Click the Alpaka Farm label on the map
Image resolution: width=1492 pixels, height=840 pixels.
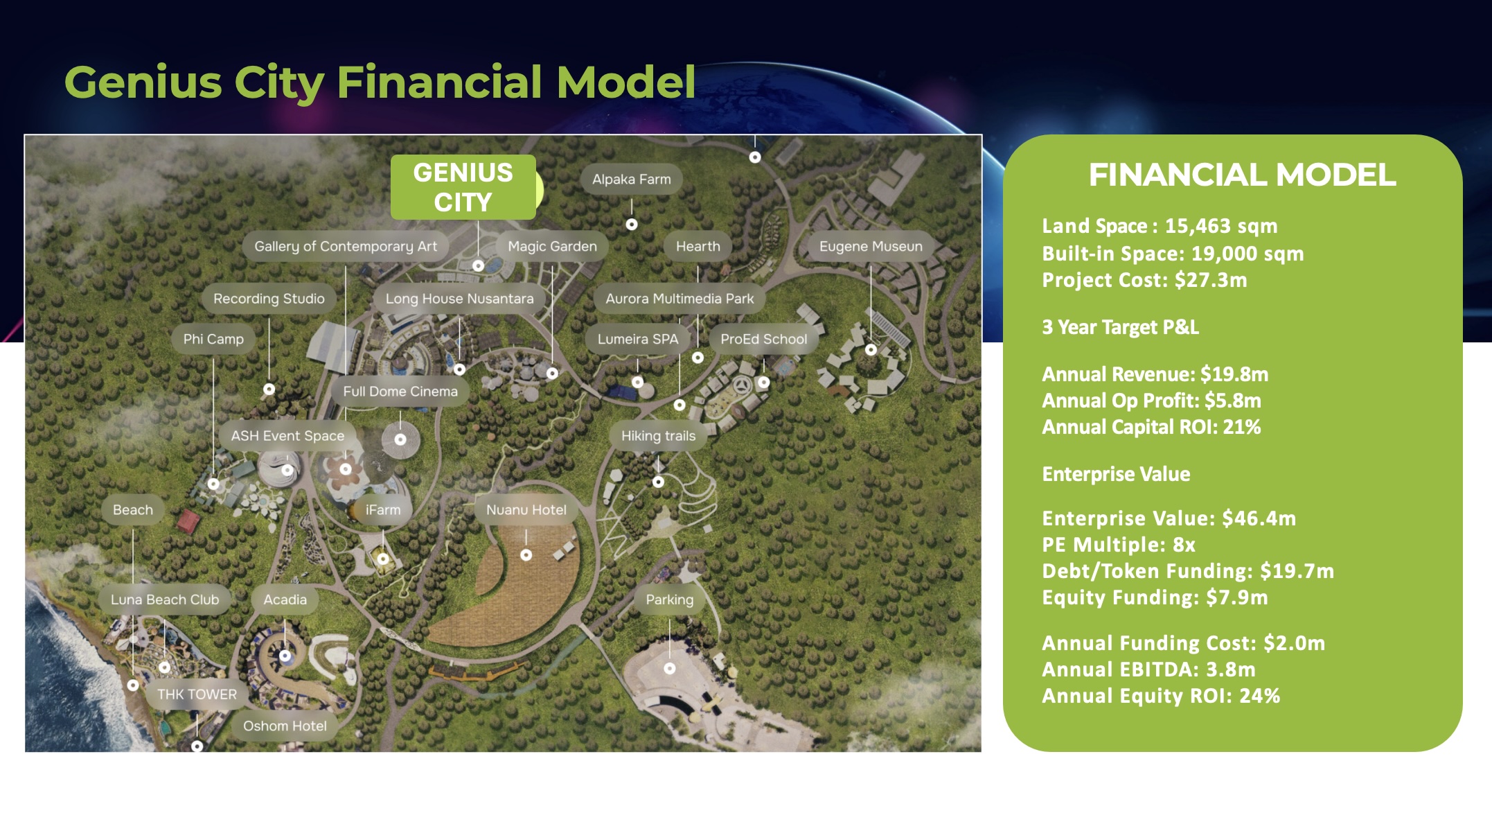[631, 180]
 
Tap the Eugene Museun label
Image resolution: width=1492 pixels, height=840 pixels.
[871, 247]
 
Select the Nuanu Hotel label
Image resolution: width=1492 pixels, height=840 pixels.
[526, 510]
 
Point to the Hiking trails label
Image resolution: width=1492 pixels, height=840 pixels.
[658, 436]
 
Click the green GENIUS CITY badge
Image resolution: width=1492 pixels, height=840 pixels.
[463, 187]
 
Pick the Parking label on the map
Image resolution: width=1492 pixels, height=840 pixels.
[669, 600]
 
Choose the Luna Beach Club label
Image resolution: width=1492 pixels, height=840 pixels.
[165, 600]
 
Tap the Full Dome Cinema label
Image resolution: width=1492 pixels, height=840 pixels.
[400, 392]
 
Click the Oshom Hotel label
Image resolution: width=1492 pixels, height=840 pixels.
[285, 726]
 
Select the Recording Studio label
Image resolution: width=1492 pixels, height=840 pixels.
[269, 299]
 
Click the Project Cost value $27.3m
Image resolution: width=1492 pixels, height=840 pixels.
[1211, 280]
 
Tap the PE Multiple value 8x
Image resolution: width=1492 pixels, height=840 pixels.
[1184, 545]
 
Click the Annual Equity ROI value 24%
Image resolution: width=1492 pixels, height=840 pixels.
[1259, 696]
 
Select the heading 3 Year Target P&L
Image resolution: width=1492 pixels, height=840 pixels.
[1120, 327]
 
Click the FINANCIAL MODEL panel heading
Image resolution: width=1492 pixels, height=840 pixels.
[1243, 175]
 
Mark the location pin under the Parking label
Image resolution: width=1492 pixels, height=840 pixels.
[670, 668]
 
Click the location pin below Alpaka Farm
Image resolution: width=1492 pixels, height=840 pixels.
[632, 225]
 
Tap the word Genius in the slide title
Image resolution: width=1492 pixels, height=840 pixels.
[143, 82]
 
